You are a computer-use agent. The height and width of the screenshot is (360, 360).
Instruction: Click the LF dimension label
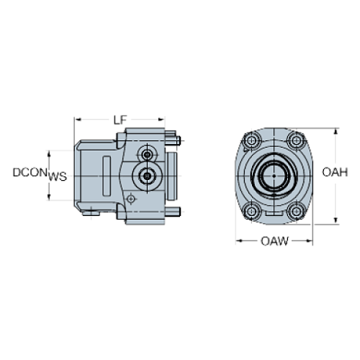(x=120, y=118)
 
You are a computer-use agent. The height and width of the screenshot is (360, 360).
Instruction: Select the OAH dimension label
(x=334, y=172)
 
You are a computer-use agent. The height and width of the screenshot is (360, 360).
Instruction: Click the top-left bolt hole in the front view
(x=252, y=140)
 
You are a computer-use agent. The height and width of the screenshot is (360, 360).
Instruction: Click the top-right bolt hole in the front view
(x=296, y=140)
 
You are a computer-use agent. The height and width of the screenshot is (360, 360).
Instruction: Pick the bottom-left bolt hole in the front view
(x=252, y=211)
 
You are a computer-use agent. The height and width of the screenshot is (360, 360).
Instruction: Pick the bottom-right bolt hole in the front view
(x=296, y=211)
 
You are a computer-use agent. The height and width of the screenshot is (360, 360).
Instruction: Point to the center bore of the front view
(x=273, y=176)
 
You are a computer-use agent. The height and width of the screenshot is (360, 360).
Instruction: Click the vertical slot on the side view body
(x=107, y=173)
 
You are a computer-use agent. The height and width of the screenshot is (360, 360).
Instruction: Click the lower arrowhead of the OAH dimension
(x=336, y=222)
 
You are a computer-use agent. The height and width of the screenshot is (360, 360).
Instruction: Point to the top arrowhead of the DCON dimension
(x=49, y=151)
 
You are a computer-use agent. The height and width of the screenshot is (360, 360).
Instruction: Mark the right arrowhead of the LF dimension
(x=165, y=118)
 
